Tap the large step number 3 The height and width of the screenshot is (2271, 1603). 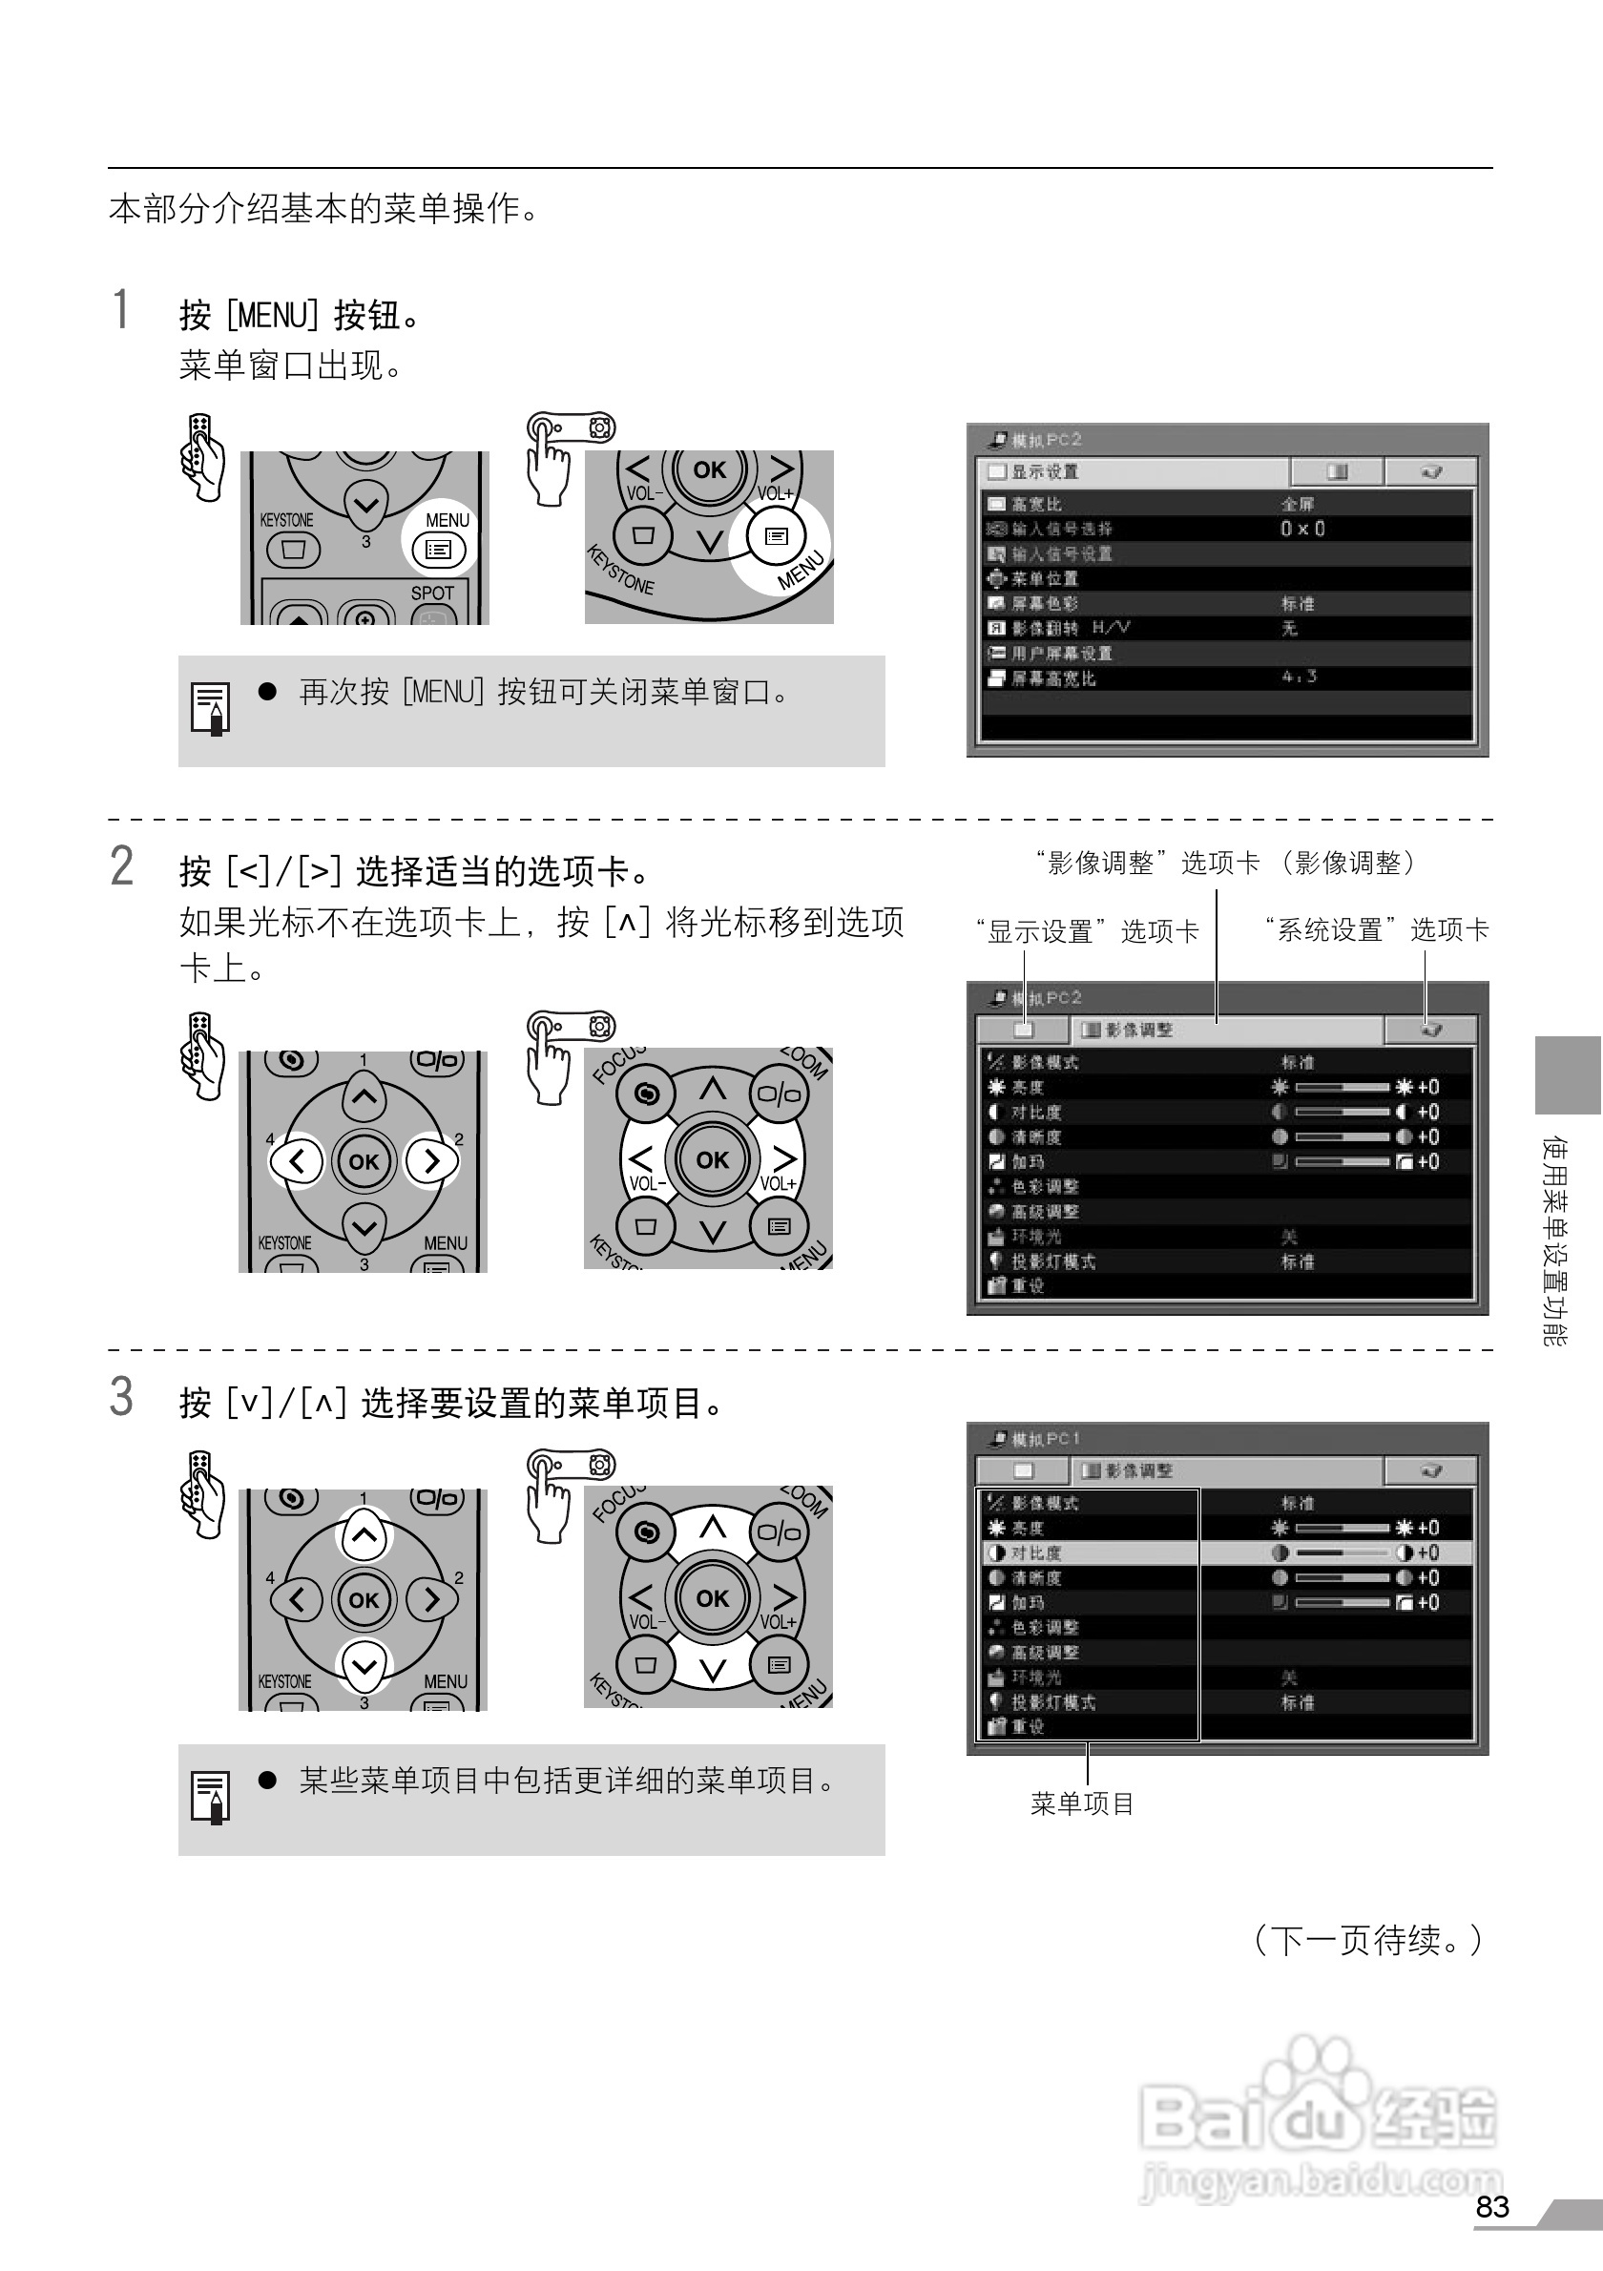coord(120,1397)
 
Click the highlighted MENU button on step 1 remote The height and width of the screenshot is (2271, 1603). coord(438,549)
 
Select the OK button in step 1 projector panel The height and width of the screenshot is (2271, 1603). coord(709,469)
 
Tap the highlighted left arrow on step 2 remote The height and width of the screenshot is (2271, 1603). coord(297,1160)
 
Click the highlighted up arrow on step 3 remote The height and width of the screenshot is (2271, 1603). coord(364,1535)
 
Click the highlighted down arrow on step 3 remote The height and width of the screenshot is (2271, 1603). coord(364,1666)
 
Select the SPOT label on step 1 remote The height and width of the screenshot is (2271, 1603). coord(432,594)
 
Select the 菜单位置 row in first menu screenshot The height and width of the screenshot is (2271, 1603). coord(1044,578)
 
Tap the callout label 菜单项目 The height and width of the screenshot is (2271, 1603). coord(1082,1804)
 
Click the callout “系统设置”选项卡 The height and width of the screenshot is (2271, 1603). coord(1376,929)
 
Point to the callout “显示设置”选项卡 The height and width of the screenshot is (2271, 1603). coord(1087,930)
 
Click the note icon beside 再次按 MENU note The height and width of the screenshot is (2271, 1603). coord(210,708)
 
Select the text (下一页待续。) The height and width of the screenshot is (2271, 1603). coord(1366,1940)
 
